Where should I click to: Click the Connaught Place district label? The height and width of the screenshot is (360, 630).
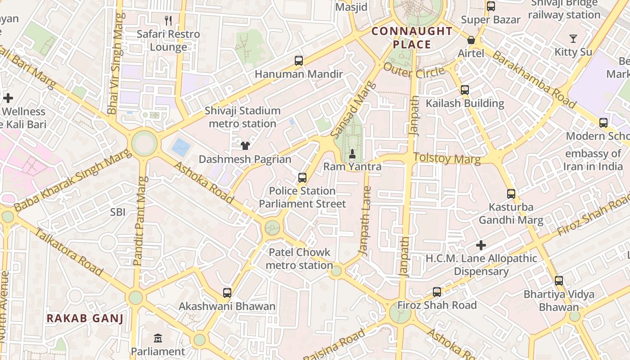pyautogui.click(x=412, y=38)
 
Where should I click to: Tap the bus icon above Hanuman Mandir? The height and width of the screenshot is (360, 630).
pyautogui.click(x=298, y=61)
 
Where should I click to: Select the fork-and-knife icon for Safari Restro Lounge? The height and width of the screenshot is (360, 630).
pyautogui.click(x=168, y=20)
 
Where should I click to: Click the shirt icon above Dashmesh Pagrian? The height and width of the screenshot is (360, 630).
pyautogui.click(x=245, y=145)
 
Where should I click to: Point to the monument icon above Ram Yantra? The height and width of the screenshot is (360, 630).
pyautogui.click(x=352, y=154)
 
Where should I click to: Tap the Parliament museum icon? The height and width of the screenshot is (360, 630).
pyautogui.click(x=158, y=338)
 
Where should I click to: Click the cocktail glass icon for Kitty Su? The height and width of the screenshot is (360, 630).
pyautogui.click(x=573, y=39)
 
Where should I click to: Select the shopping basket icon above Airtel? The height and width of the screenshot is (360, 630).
pyautogui.click(x=471, y=40)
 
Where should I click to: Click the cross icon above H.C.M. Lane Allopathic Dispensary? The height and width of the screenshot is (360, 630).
pyautogui.click(x=481, y=245)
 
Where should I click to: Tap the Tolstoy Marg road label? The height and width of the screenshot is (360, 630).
pyautogui.click(x=446, y=158)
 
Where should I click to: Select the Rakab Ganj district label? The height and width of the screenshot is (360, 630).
pyautogui.click(x=85, y=319)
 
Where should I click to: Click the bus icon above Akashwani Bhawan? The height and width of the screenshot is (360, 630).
pyautogui.click(x=227, y=293)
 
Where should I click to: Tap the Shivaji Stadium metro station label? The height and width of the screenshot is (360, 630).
pyautogui.click(x=243, y=117)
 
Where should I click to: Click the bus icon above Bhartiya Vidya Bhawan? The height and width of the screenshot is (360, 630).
pyautogui.click(x=559, y=281)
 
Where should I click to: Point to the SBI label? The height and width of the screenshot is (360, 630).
pyautogui.click(x=118, y=212)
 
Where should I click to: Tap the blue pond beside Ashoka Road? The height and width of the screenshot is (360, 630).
pyautogui.click(x=181, y=147)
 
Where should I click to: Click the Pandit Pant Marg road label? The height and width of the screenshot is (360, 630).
pyautogui.click(x=140, y=220)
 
